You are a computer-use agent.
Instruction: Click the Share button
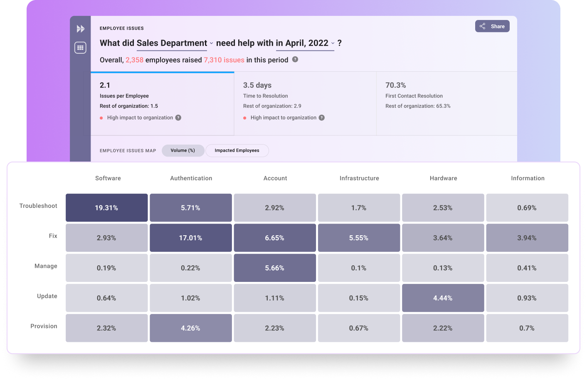492,26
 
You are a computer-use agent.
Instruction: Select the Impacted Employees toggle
237,151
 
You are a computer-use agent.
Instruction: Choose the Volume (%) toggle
183,151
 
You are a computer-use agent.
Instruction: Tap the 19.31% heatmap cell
106,208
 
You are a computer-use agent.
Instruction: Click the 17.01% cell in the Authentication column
190,238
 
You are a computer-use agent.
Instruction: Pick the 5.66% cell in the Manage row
275,268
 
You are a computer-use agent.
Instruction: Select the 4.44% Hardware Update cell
443,298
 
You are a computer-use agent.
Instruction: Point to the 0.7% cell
527,328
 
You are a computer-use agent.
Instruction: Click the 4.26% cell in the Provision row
190,328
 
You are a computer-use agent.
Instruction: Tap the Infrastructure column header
359,178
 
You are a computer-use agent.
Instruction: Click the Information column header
528,178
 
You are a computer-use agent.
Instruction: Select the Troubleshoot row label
38,206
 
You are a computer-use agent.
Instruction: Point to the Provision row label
44,326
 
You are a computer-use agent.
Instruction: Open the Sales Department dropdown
175,43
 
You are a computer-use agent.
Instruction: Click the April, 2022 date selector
305,43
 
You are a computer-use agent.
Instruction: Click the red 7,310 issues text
224,60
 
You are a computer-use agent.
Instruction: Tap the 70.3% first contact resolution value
395,85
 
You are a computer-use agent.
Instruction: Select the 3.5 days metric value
257,85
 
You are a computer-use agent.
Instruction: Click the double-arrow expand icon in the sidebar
81,29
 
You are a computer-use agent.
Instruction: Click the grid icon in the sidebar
80,48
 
